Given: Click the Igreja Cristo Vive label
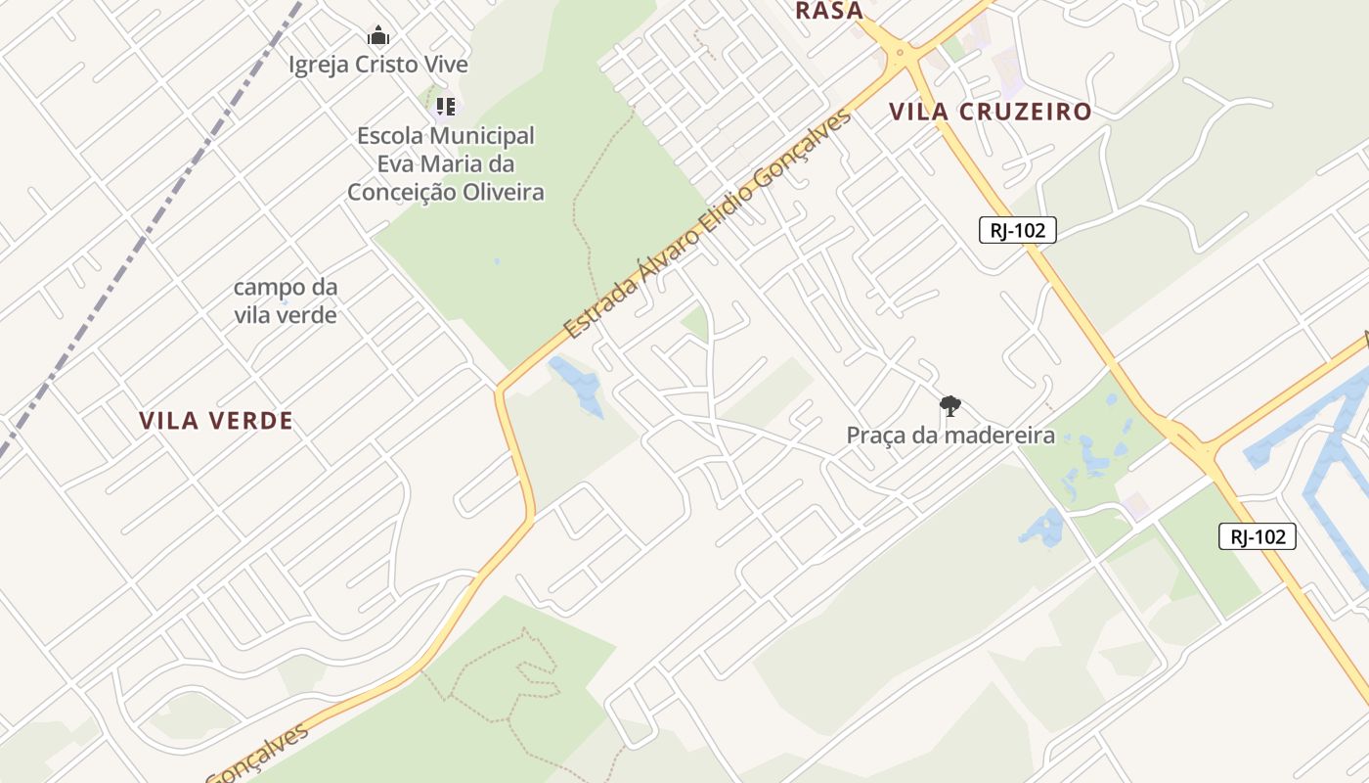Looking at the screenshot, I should (378, 65).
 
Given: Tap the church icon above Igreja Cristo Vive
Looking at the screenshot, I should (378, 37).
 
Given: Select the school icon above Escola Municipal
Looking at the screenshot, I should (446, 106).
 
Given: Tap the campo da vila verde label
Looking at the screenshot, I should (286, 301).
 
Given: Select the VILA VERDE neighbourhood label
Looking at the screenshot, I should (216, 421).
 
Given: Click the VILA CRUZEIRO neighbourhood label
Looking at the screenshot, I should (990, 112).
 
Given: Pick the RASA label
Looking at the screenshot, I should (829, 11).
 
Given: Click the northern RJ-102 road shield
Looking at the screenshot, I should (1017, 231).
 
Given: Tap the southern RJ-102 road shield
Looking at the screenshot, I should (1257, 536).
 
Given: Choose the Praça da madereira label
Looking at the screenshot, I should (950, 435).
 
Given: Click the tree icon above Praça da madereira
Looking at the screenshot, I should (949, 405).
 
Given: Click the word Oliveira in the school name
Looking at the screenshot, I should (502, 192).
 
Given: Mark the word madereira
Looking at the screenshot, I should (998, 435).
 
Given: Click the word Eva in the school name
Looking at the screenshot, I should (395, 163).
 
